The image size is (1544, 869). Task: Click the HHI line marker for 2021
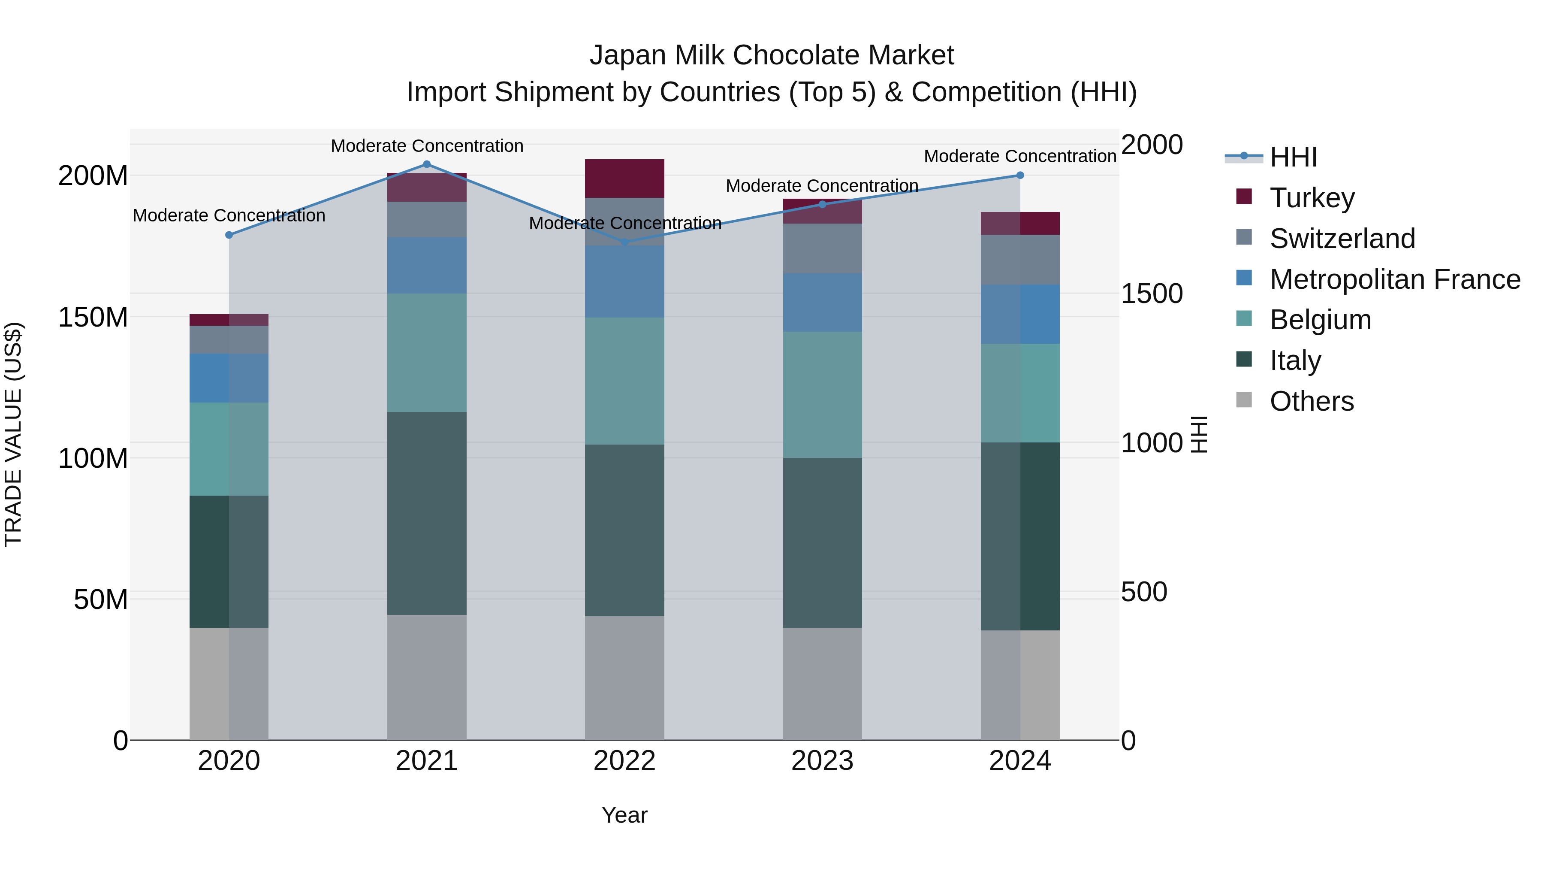(427, 164)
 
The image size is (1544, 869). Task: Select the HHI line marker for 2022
(624, 242)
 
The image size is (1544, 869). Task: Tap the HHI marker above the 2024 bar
(1020, 175)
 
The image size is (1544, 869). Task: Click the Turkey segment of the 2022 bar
(624, 178)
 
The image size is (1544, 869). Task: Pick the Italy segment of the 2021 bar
(427, 513)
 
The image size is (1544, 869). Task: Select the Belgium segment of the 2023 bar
(822, 395)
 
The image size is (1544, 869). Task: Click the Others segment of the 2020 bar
(229, 684)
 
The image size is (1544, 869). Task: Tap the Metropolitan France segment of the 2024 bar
(1020, 314)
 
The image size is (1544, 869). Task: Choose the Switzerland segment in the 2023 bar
(822, 248)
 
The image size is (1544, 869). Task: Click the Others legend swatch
(1244, 400)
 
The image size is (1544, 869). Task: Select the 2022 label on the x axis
(624, 761)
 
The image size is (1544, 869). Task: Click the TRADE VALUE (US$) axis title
(13, 434)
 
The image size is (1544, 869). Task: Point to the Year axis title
(624, 815)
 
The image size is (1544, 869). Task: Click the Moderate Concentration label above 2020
(229, 215)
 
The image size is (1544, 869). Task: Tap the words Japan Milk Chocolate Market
(772, 55)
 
